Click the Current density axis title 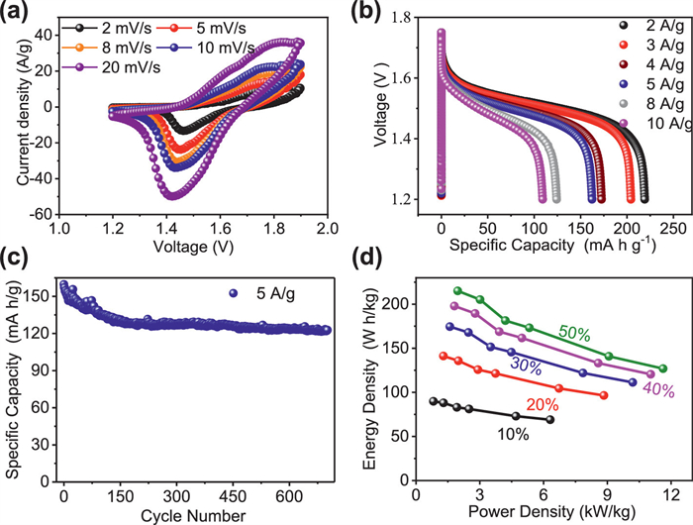coord(13,108)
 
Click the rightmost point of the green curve coord(662,367)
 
